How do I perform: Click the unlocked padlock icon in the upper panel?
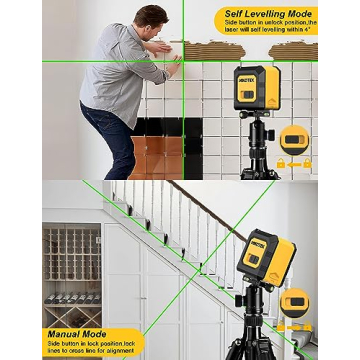[x=280, y=163]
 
